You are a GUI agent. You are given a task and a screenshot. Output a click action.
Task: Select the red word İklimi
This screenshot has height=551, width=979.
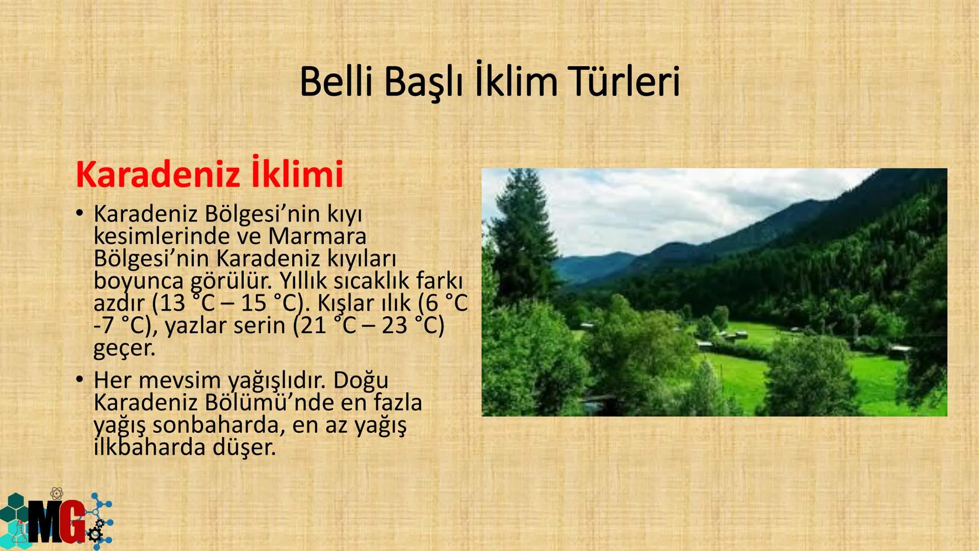(297, 174)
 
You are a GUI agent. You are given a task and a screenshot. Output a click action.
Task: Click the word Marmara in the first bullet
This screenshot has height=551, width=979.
(317, 236)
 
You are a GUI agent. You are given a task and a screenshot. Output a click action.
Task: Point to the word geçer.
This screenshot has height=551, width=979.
(124, 348)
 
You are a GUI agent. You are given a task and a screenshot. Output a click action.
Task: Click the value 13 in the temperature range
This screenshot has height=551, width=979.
(171, 304)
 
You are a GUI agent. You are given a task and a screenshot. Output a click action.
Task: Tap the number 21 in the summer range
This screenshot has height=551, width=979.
(313, 326)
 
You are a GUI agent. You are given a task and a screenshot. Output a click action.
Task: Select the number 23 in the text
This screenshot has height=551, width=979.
(394, 326)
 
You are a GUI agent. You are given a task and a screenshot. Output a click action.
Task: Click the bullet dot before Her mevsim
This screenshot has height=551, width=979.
(79, 380)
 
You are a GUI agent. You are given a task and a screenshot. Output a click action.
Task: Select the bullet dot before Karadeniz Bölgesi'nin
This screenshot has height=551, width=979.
(79, 214)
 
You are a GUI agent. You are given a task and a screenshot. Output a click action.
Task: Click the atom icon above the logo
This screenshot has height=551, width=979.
(57, 493)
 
